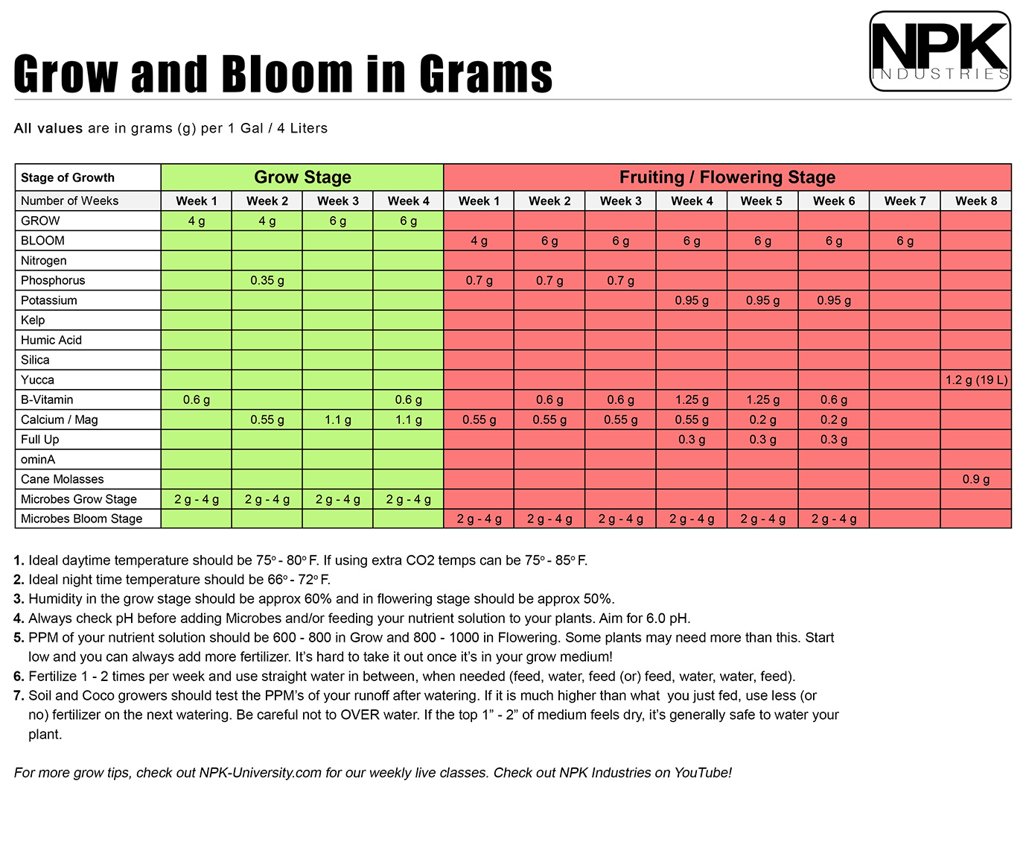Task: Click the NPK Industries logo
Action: click(x=940, y=51)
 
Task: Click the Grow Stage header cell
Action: click(x=302, y=177)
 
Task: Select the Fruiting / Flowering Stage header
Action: click(x=727, y=177)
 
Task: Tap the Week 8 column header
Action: click(x=975, y=200)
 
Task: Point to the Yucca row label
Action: click(x=37, y=379)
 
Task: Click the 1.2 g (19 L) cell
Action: click(x=976, y=380)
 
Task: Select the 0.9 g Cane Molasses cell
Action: click(x=975, y=479)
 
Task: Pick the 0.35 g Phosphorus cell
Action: click(x=267, y=280)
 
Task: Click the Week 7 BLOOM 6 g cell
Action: click(x=905, y=241)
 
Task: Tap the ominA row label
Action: click(x=38, y=459)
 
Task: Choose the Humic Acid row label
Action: click(x=51, y=340)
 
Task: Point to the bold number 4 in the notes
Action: click(x=19, y=618)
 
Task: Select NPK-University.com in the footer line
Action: click(x=260, y=773)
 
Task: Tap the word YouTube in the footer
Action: click(x=701, y=773)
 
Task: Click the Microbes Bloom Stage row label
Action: click(x=81, y=519)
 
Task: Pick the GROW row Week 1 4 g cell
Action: click(x=196, y=221)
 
